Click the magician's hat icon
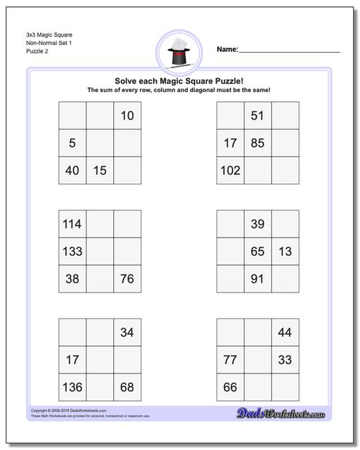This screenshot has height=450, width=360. [180, 51]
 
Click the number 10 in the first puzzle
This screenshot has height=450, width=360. [127, 116]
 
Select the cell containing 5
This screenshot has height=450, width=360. [72, 143]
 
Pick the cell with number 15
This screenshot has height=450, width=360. [100, 170]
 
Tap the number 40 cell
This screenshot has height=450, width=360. [72, 170]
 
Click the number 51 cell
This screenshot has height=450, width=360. [257, 116]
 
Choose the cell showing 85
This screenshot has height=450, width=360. [257, 143]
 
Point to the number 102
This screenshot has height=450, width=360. [230, 170]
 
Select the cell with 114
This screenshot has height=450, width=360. [72, 224]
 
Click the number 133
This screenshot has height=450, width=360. [72, 251]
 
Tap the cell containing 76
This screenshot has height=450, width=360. [127, 278]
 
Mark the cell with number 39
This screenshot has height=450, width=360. [257, 224]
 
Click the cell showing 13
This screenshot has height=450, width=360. [285, 251]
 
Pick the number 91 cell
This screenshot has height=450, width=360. [257, 278]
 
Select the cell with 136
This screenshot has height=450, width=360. [72, 387]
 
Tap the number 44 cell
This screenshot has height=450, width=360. [285, 333]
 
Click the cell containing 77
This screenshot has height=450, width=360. [230, 360]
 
